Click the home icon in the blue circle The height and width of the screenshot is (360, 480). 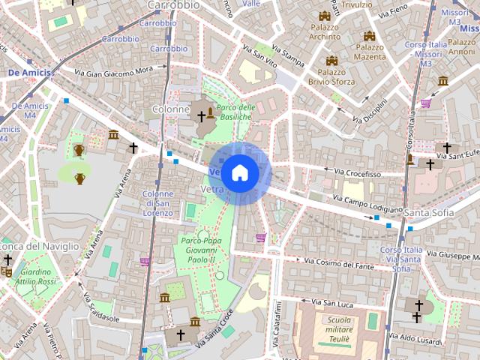[239, 172]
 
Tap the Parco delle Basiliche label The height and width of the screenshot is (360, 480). [235, 112]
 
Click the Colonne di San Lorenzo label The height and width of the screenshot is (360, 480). [157, 203]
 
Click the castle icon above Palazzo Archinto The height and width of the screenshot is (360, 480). [325, 16]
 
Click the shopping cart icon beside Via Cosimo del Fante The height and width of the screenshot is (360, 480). [261, 238]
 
